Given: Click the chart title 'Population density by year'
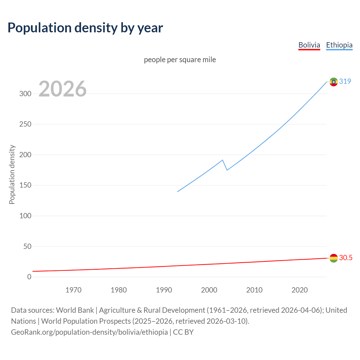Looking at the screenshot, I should click(85, 28).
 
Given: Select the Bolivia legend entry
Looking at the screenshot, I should click(309, 45).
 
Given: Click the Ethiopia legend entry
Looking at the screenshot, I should click(339, 45).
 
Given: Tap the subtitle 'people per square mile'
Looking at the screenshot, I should click(180, 60).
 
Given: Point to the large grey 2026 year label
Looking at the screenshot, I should click(62, 89).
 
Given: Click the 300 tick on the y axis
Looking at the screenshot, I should click(25, 94).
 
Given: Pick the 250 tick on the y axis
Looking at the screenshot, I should click(25, 124).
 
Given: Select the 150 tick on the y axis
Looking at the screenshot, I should click(25, 185).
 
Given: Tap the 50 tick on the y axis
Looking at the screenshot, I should click(27, 246).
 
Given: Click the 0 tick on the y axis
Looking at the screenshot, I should click(29, 277).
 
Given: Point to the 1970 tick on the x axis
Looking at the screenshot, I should click(73, 290).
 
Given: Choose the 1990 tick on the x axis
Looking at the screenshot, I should click(164, 290).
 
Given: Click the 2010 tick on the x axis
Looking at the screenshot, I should click(254, 290).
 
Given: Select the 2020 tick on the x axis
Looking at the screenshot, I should click(300, 290).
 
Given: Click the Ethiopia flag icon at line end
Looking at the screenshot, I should click(334, 82).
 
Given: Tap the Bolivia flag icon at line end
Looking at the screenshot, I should click(334, 258).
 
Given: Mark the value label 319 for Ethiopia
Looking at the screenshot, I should click(345, 81).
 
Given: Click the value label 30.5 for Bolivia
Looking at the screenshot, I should click(346, 258).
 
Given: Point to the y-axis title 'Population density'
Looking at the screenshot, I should click(12, 174).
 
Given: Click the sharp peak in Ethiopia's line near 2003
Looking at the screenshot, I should click(222, 160).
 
